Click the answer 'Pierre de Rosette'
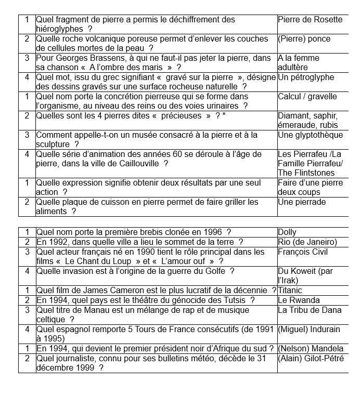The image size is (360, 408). tap(310, 20)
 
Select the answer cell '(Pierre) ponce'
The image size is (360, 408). tap(304, 39)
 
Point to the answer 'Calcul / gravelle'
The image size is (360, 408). tap(307, 97)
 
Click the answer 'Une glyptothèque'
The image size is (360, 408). tap(310, 135)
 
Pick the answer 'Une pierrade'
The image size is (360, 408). tap(301, 202)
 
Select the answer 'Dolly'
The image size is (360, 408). tap(287, 232)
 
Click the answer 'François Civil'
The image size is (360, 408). tap(303, 252)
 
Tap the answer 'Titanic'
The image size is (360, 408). tap(290, 291)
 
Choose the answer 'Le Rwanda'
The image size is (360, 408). tap(299, 300)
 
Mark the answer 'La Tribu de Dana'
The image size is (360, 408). tap(310, 310)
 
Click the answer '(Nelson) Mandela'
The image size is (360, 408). tap(311, 348)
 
